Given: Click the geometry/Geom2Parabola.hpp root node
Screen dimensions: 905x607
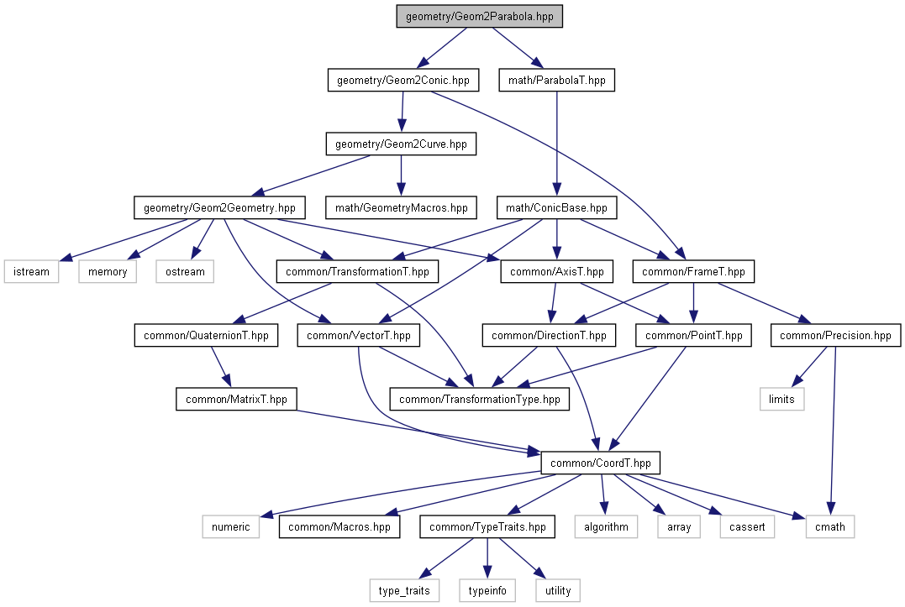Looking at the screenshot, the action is (479, 16).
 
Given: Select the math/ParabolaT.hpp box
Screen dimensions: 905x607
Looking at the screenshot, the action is (557, 80).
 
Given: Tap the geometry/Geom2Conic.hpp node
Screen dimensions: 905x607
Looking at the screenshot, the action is (403, 80).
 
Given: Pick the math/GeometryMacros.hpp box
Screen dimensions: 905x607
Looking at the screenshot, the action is (401, 207).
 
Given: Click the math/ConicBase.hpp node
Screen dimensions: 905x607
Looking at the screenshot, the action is (556, 207).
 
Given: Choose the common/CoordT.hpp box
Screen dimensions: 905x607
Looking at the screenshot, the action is (600, 463).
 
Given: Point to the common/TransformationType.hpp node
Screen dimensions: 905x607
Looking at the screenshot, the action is (480, 399).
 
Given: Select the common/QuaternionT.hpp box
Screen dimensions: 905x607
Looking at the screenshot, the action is (206, 336).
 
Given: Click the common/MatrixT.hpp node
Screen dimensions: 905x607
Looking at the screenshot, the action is (236, 399).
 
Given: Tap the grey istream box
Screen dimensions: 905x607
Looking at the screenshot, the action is (31, 271).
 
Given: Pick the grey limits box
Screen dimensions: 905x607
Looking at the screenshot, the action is (781, 399).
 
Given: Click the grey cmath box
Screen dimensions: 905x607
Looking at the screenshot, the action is (830, 527).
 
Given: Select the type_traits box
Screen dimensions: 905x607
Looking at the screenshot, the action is (404, 590).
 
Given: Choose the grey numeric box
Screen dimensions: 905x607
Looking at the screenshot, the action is (231, 527).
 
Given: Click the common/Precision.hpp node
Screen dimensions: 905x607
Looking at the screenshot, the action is (835, 336).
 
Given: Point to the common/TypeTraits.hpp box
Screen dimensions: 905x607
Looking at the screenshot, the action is (487, 527).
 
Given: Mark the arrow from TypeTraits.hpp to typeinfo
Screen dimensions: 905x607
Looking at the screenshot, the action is (487, 558).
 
